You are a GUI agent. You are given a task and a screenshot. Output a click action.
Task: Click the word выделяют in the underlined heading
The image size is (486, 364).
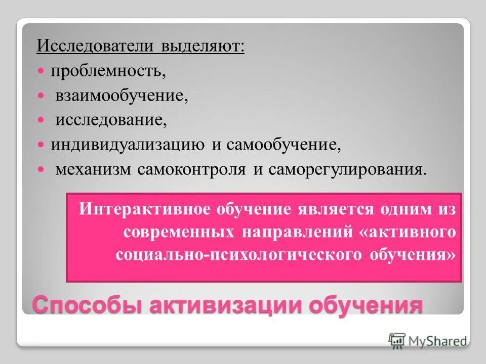tap(202, 47)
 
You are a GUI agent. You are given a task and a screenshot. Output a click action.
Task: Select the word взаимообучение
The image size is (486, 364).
tap(122, 96)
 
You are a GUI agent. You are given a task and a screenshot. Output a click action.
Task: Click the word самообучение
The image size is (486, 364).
tap(283, 145)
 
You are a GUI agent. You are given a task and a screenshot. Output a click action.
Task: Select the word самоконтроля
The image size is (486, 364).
tap(192, 169)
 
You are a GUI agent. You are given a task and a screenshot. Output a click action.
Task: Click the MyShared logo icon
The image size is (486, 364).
tap(397, 340)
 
